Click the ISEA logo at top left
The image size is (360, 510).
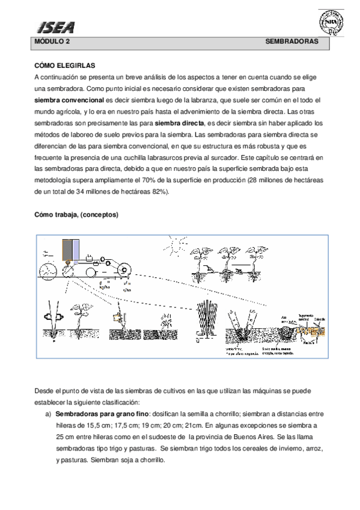[56, 26]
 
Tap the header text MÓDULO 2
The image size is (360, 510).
[52, 43]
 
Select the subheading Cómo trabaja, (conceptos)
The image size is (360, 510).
[76, 215]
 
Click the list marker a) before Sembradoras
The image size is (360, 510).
[47, 414]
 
